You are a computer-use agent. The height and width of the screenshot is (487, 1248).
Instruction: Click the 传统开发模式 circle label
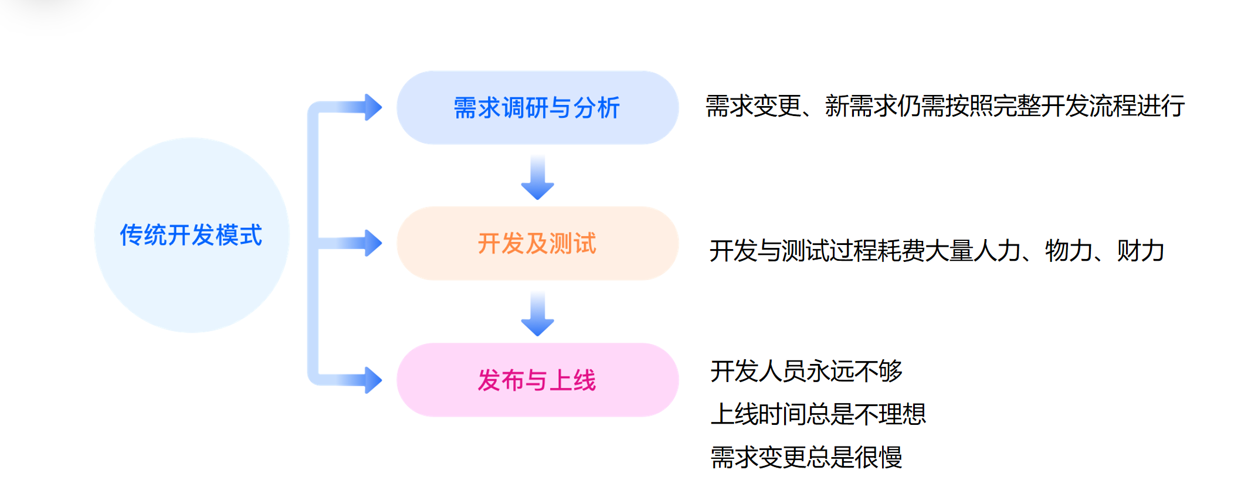tap(191, 235)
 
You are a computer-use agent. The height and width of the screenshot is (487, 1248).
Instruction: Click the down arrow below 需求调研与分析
tap(537, 178)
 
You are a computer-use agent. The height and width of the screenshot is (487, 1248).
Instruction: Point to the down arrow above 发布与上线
tap(537, 315)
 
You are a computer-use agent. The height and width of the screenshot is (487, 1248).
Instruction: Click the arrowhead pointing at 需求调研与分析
tap(372, 107)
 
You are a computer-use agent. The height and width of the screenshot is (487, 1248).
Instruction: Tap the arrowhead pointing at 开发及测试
tap(372, 243)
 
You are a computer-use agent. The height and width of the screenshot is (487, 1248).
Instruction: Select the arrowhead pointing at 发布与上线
tap(372, 380)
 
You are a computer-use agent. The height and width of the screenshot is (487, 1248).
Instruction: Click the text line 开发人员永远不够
tap(806, 371)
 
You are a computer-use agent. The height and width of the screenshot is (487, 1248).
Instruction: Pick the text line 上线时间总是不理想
tap(818, 414)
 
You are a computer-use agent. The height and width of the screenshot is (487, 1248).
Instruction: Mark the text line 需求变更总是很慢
tap(806, 457)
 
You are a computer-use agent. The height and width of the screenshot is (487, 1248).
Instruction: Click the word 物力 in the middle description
tap(1069, 251)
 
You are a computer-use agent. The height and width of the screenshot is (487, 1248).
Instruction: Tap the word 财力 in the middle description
tap(1141, 251)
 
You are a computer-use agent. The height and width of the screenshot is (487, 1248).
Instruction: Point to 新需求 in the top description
tap(860, 106)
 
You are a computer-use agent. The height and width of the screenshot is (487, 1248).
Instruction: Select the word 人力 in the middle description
tap(997, 251)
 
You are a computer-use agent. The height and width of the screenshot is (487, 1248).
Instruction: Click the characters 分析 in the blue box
tap(596, 108)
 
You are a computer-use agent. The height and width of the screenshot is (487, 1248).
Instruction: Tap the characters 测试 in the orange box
tap(573, 243)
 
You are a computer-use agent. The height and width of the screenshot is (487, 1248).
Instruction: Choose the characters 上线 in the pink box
tap(573, 380)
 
